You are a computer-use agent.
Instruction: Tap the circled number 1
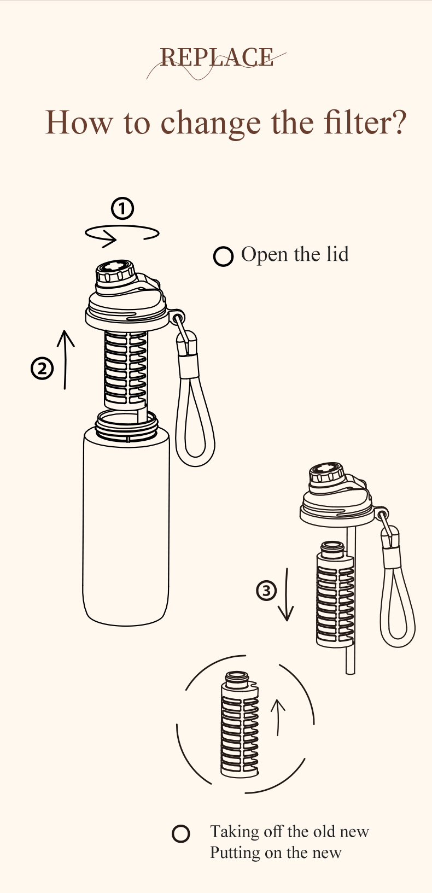[122, 208]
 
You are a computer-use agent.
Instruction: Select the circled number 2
[42, 369]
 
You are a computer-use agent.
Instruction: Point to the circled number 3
[267, 591]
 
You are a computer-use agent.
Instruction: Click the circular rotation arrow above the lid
[122, 234]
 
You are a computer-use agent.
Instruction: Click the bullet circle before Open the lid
[223, 256]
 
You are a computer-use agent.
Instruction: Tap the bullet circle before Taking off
[181, 833]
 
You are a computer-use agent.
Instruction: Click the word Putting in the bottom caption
[235, 853]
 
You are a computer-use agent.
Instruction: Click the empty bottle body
[126, 525]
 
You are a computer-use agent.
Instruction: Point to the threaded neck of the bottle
[126, 425]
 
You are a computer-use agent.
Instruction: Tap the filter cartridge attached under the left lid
[126, 369]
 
